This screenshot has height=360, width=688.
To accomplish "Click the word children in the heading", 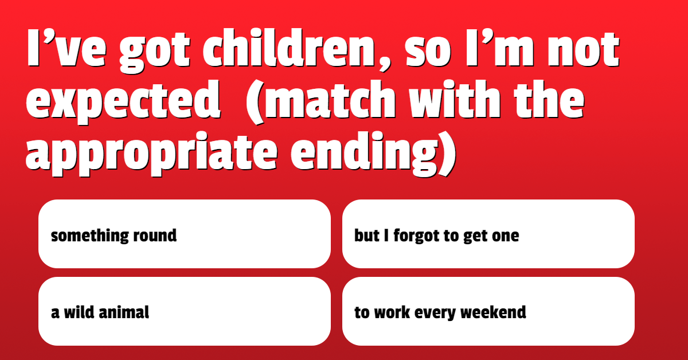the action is point(289,48).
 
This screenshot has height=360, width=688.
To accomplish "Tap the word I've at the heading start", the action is point(67,48).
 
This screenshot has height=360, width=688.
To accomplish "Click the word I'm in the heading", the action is point(500,48).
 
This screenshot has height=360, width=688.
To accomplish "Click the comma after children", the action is point(385,64).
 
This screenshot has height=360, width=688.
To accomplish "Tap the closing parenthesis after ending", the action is point(447,154).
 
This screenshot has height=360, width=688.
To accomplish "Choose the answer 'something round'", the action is point(184,234).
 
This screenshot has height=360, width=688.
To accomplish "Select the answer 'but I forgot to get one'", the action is point(488,234).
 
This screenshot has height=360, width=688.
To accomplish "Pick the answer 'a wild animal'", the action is point(184,311).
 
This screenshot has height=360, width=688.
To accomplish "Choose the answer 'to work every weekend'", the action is point(488,311).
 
